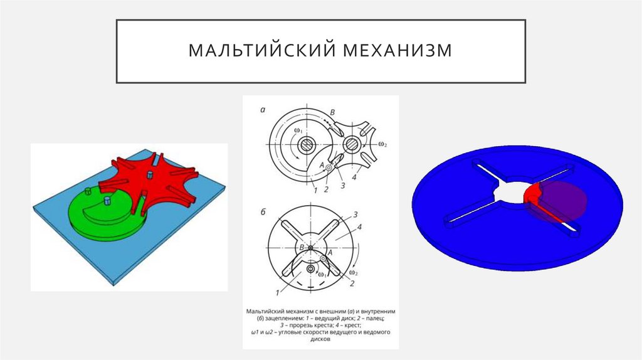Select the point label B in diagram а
[x=333, y=112]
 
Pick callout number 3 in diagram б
[x=355, y=214]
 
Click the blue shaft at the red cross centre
[x=150, y=176]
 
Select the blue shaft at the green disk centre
[x=107, y=201]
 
